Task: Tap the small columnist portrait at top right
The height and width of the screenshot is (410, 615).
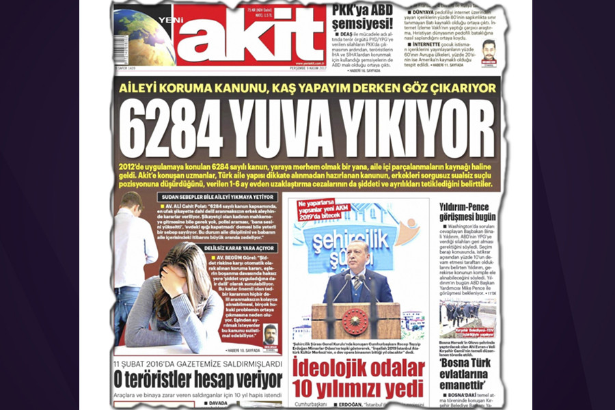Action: tap(488, 51)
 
